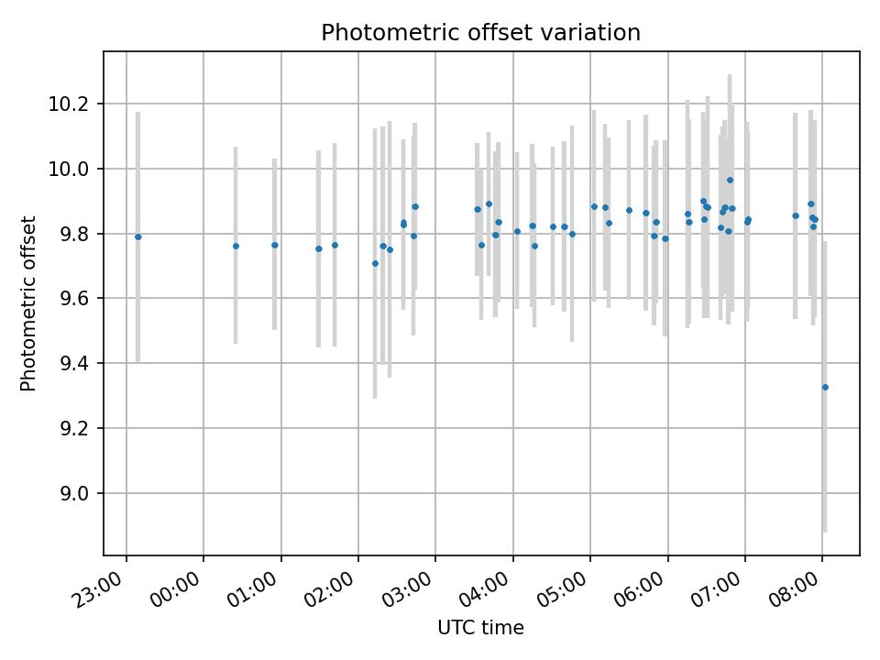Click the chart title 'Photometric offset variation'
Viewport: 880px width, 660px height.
(x=480, y=33)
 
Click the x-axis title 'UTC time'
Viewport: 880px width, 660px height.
(x=480, y=628)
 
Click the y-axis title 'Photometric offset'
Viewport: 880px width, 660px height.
(x=28, y=303)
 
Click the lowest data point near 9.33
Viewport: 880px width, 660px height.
(x=825, y=387)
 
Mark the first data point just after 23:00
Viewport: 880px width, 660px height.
(x=138, y=236)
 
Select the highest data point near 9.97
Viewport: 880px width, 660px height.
(x=730, y=180)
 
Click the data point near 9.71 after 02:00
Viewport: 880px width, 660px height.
(x=375, y=263)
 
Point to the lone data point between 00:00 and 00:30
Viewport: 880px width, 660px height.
(x=236, y=246)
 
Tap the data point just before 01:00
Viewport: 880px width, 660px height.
(x=274, y=245)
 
